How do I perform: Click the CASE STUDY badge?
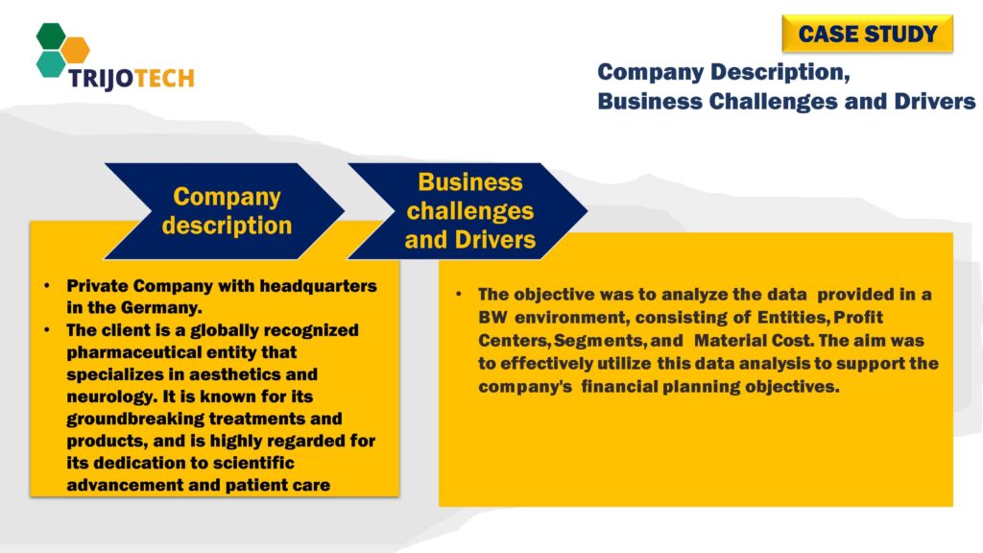[868, 35]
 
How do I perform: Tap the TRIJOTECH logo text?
[131, 78]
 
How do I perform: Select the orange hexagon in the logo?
[75, 49]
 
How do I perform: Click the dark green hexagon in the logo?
[51, 36]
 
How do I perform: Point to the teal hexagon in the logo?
[51, 63]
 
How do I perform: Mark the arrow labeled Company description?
[226, 211]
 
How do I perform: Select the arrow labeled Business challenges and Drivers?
[469, 211]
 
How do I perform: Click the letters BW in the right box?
[492, 316]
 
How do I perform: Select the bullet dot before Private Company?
[49, 287]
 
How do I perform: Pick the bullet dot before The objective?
[460, 294]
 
